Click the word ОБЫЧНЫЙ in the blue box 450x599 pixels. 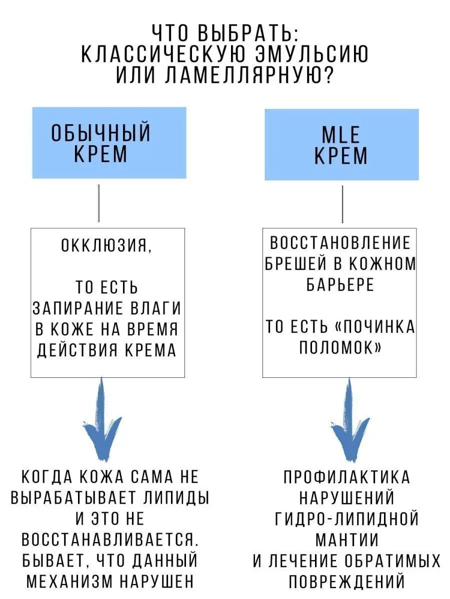click(101, 134)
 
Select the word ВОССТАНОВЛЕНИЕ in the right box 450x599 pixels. click(340, 243)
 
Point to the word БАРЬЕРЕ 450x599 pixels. click(339, 285)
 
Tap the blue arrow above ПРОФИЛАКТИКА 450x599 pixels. click(345, 419)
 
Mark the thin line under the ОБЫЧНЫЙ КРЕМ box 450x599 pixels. click(98, 203)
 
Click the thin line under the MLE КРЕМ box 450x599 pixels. click(342, 204)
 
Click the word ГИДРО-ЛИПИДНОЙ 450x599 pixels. click(346, 519)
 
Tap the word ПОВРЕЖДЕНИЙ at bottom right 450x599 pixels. click(346, 582)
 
